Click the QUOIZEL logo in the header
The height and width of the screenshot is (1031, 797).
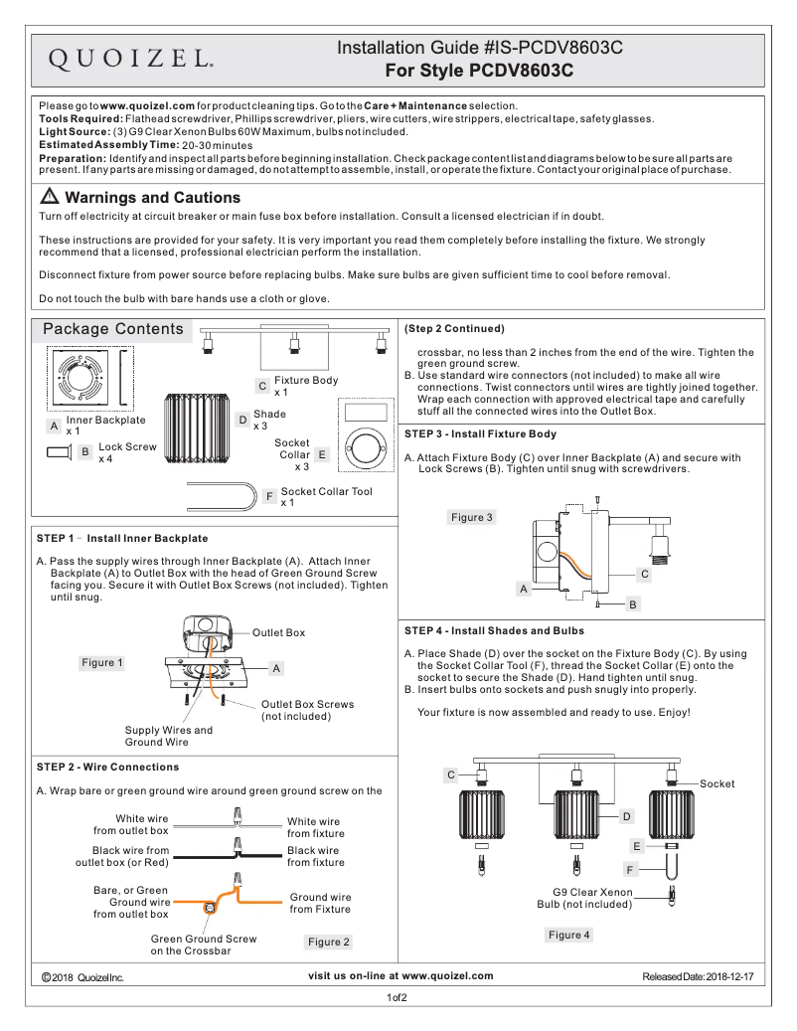130,59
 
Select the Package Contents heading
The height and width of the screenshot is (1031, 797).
112,329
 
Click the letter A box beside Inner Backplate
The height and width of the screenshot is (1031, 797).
54,426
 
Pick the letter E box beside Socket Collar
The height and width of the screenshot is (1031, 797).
323,454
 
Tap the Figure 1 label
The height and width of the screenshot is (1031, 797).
102,662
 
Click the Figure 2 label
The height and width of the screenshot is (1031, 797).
328,942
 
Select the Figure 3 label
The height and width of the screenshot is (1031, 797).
471,517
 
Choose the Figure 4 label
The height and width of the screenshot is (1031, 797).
568,935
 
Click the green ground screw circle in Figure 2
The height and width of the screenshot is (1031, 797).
210,908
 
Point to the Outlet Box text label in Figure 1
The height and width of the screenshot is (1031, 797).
278,632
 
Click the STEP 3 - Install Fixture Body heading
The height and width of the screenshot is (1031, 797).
481,433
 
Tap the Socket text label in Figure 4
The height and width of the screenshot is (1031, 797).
717,783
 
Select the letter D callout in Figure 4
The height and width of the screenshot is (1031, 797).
627,816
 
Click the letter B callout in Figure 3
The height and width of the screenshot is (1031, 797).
632,603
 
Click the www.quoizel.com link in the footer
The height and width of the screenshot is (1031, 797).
447,975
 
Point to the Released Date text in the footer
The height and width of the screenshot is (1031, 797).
698,977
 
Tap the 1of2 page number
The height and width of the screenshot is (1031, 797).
398,997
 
